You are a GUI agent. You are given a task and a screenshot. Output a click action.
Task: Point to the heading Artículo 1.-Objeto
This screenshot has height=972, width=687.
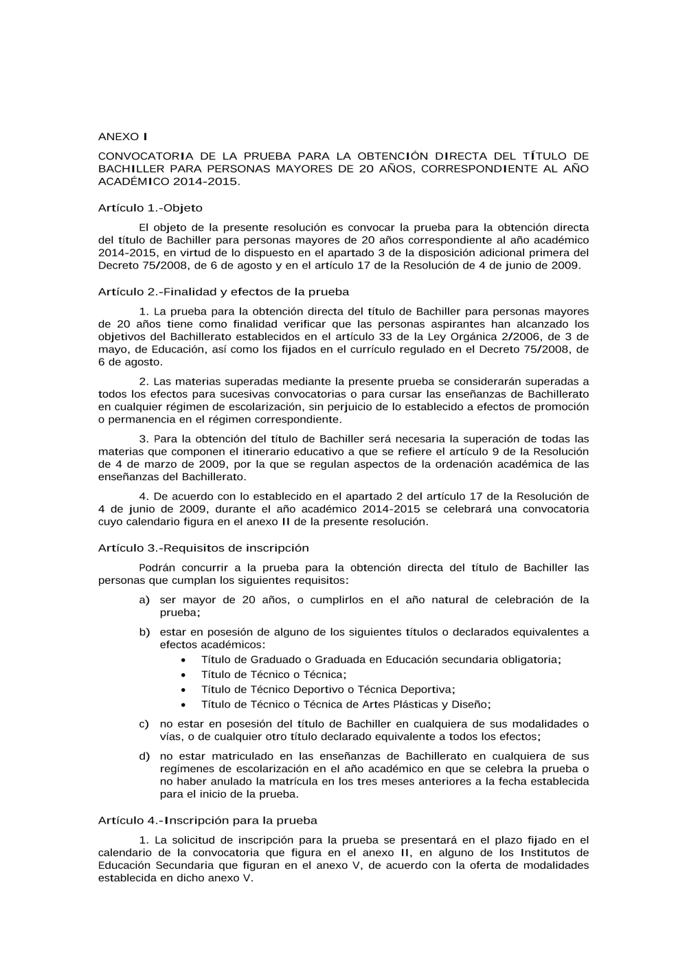(150, 207)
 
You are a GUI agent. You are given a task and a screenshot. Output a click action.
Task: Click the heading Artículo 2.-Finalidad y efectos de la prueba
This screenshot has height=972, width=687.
(223, 291)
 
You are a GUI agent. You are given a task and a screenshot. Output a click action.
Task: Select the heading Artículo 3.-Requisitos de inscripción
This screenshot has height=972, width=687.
(203, 547)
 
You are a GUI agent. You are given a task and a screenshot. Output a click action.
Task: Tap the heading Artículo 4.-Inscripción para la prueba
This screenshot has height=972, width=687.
(207, 820)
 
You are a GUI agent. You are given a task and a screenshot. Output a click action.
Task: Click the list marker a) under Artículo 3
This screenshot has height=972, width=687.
(144, 600)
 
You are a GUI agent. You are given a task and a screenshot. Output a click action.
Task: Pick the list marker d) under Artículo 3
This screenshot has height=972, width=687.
(144, 756)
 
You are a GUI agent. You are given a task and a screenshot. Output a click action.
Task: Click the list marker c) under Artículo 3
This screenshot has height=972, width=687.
(144, 724)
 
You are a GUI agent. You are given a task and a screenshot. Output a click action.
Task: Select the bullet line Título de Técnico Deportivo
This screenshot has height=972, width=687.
(328, 689)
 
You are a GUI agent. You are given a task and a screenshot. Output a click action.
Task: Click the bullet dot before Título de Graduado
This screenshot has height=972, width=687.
(183, 660)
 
